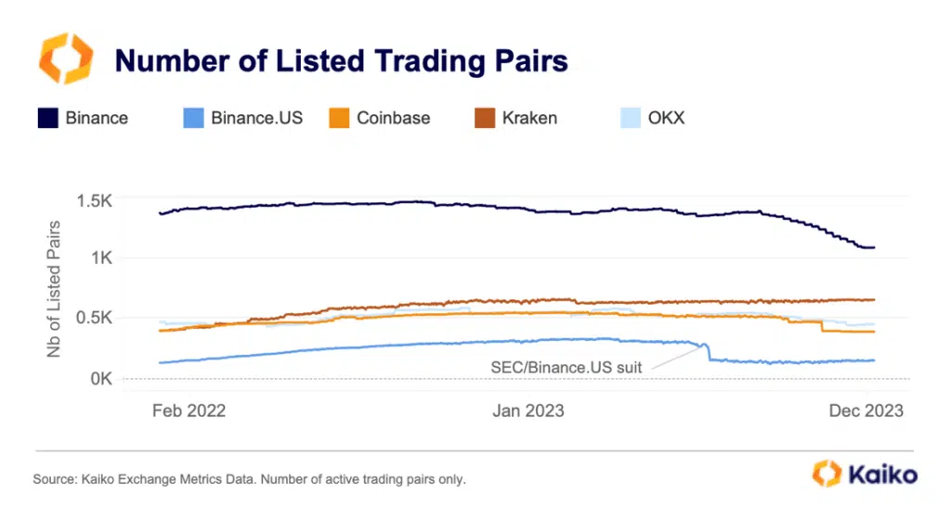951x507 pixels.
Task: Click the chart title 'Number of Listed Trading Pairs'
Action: pyautogui.click(x=340, y=61)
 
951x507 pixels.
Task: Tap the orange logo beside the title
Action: pyautogui.click(x=65, y=58)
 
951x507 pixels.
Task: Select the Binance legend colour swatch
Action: pyautogui.click(x=47, y=118)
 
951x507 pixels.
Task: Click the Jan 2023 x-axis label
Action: pyautogui.click(x=527, y=410)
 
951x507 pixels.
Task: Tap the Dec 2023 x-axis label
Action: pyautogui.click(x=866, y=410)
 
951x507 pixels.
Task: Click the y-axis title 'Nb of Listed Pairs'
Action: pyautogui.click(x=55, y=288)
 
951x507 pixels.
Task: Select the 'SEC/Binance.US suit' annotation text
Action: pyautogui.click(x=566, y=367)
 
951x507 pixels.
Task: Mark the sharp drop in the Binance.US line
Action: pyautogui.click(x=709, y=352)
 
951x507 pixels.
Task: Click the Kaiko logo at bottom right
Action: pyautogui.click(x=865, y=474)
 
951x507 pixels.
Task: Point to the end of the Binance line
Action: pyautogui.click(x=873, y=248)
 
